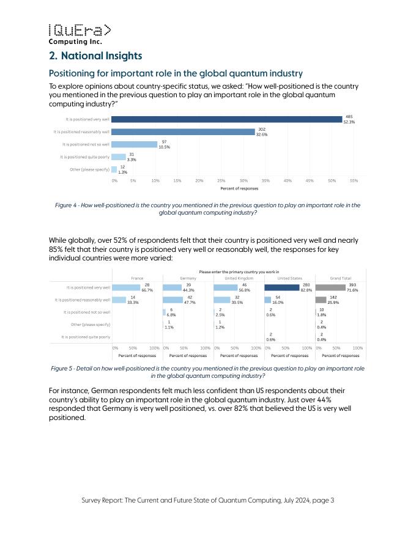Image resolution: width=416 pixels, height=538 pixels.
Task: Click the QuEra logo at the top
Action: coord(80,34)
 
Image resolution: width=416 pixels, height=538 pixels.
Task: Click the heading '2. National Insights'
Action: coord(95,56)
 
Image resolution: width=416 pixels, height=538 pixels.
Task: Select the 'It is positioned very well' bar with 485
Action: coord(228,119)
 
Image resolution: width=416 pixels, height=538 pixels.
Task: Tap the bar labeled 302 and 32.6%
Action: coord(184,131)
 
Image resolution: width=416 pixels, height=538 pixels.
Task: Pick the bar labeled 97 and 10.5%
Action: coord(134,144)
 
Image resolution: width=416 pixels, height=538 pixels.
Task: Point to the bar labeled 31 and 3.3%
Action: coord(119,157)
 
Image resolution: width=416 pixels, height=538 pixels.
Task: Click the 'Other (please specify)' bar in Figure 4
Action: coord(114,169)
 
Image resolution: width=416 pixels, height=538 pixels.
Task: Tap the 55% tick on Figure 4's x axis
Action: coord(354,181)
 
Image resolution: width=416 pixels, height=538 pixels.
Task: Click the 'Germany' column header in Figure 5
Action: coord(188,277)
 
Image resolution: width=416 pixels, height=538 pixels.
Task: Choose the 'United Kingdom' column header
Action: coord(238,277)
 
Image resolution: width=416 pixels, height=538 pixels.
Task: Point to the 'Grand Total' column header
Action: coord(340,277)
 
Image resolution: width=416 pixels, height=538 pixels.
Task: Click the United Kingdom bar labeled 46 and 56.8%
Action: coord(226,287)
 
